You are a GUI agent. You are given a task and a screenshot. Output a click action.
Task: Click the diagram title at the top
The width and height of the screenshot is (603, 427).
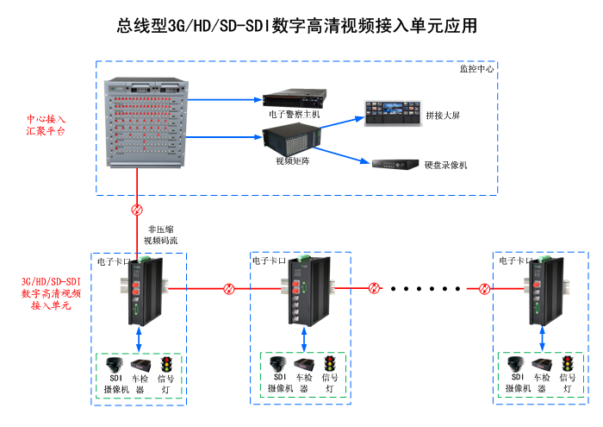click(x=297, y=27)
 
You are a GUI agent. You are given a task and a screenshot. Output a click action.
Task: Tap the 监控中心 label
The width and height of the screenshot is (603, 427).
click(x=476, y=68)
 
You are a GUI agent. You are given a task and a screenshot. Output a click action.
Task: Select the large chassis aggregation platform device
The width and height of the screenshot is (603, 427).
click(x=145, y=123)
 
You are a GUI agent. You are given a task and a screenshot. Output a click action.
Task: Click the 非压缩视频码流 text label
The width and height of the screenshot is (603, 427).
click(x=160, y=235)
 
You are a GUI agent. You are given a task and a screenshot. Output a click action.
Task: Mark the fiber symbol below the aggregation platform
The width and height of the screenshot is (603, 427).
click(x=136, y=210)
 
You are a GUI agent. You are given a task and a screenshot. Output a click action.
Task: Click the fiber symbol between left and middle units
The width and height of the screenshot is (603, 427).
click(x=228, y=288)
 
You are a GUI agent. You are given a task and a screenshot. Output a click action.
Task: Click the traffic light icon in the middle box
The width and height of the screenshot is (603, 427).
click(x=328, y=363)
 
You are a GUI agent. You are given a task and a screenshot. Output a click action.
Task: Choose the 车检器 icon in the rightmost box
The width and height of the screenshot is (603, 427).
click(x=542, y=363)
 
